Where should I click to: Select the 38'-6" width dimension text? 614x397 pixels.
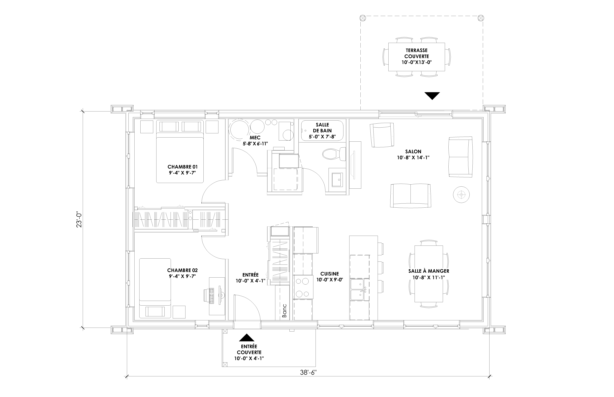pos(308,379)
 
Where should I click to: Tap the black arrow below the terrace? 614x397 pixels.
pos(432,96)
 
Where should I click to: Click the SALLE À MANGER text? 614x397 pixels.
pos(429,271)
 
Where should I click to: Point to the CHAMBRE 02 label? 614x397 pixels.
pos(182,270)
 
